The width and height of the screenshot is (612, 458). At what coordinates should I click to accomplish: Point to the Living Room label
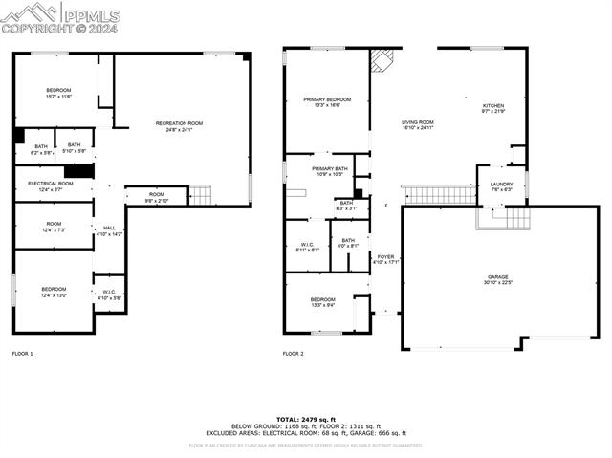[417, 124]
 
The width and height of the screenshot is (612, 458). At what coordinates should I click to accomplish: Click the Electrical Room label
[52, 185]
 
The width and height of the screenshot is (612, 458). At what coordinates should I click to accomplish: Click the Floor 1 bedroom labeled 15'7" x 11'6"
[58, 93]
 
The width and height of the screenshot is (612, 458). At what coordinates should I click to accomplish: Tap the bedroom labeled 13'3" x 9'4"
[322, 303]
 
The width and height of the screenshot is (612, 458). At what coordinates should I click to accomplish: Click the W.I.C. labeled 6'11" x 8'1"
[307, 246]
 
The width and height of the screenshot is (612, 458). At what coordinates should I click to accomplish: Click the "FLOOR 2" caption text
[293, 354]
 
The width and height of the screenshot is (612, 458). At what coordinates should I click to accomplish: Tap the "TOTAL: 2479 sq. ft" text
[306, 419]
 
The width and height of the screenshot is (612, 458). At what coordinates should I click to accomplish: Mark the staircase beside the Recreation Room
[200, 195]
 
